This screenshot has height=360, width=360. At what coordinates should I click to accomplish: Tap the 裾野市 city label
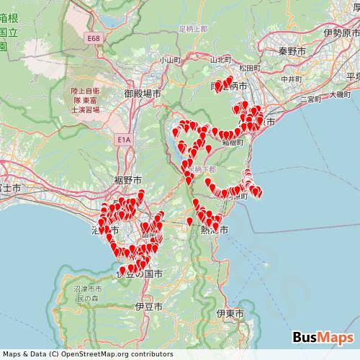pyautogui.click(x=127, y=179)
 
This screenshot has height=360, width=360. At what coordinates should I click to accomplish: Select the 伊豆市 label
pyautogui.click(x=148, y=306)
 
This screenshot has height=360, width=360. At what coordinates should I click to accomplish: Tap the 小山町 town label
pyautogui.click(x=171, y=60)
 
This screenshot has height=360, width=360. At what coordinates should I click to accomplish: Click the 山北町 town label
pyautogui.click(x=220, y=59)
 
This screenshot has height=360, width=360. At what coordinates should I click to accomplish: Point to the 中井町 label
pyautogui.click(x=290, y=78)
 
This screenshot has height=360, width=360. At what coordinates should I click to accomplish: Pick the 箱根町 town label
pyautogui.click(x=233, y=143)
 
